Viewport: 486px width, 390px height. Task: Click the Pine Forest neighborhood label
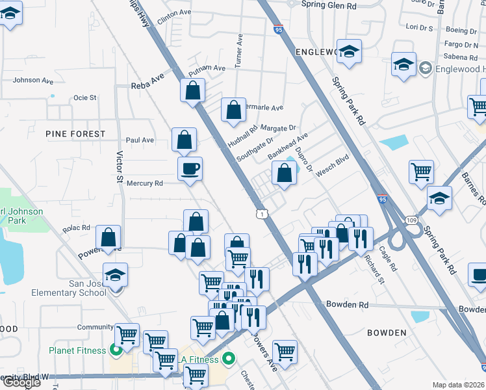click(75, 134)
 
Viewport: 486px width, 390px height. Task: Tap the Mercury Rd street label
click(144, 183)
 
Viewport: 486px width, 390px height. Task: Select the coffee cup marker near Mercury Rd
click(190, 169)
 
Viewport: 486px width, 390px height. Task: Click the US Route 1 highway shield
click(261, 213)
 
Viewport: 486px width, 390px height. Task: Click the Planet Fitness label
click(77, 350)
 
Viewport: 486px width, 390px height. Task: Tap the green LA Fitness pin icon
click(229, 357)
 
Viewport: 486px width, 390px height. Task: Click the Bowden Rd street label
click(347, 304)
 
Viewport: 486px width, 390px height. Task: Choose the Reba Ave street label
click(147, 85)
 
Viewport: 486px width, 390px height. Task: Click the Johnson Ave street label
click(33, 81)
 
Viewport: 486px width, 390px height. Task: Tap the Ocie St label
click(84, 97)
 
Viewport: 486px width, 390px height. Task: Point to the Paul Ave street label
click(140, 140)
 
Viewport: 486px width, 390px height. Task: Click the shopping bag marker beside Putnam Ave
click(193, 90)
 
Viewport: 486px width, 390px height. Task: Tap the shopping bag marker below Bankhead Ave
click(284, 173)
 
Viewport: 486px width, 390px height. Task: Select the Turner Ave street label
click(240, 49)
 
